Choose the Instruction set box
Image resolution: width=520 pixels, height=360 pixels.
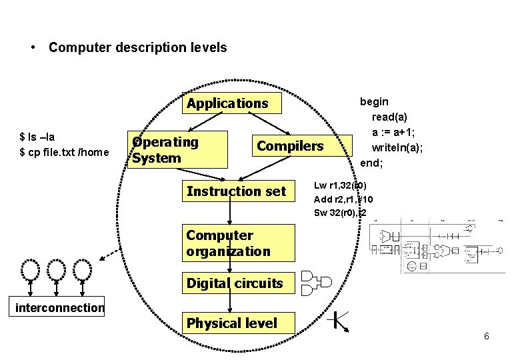(237, 191)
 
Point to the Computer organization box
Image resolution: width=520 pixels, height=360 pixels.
(237, 243)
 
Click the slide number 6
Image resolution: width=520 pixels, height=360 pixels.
(487, 336)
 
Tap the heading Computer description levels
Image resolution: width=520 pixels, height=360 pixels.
(137, 47)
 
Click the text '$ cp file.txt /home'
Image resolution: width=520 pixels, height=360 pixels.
(64, 153)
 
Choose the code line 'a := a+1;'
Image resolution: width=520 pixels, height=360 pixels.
(395, 132)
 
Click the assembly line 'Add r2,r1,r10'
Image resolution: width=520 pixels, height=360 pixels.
(343, 199)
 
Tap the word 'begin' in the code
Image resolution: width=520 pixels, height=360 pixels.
(374, 101)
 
